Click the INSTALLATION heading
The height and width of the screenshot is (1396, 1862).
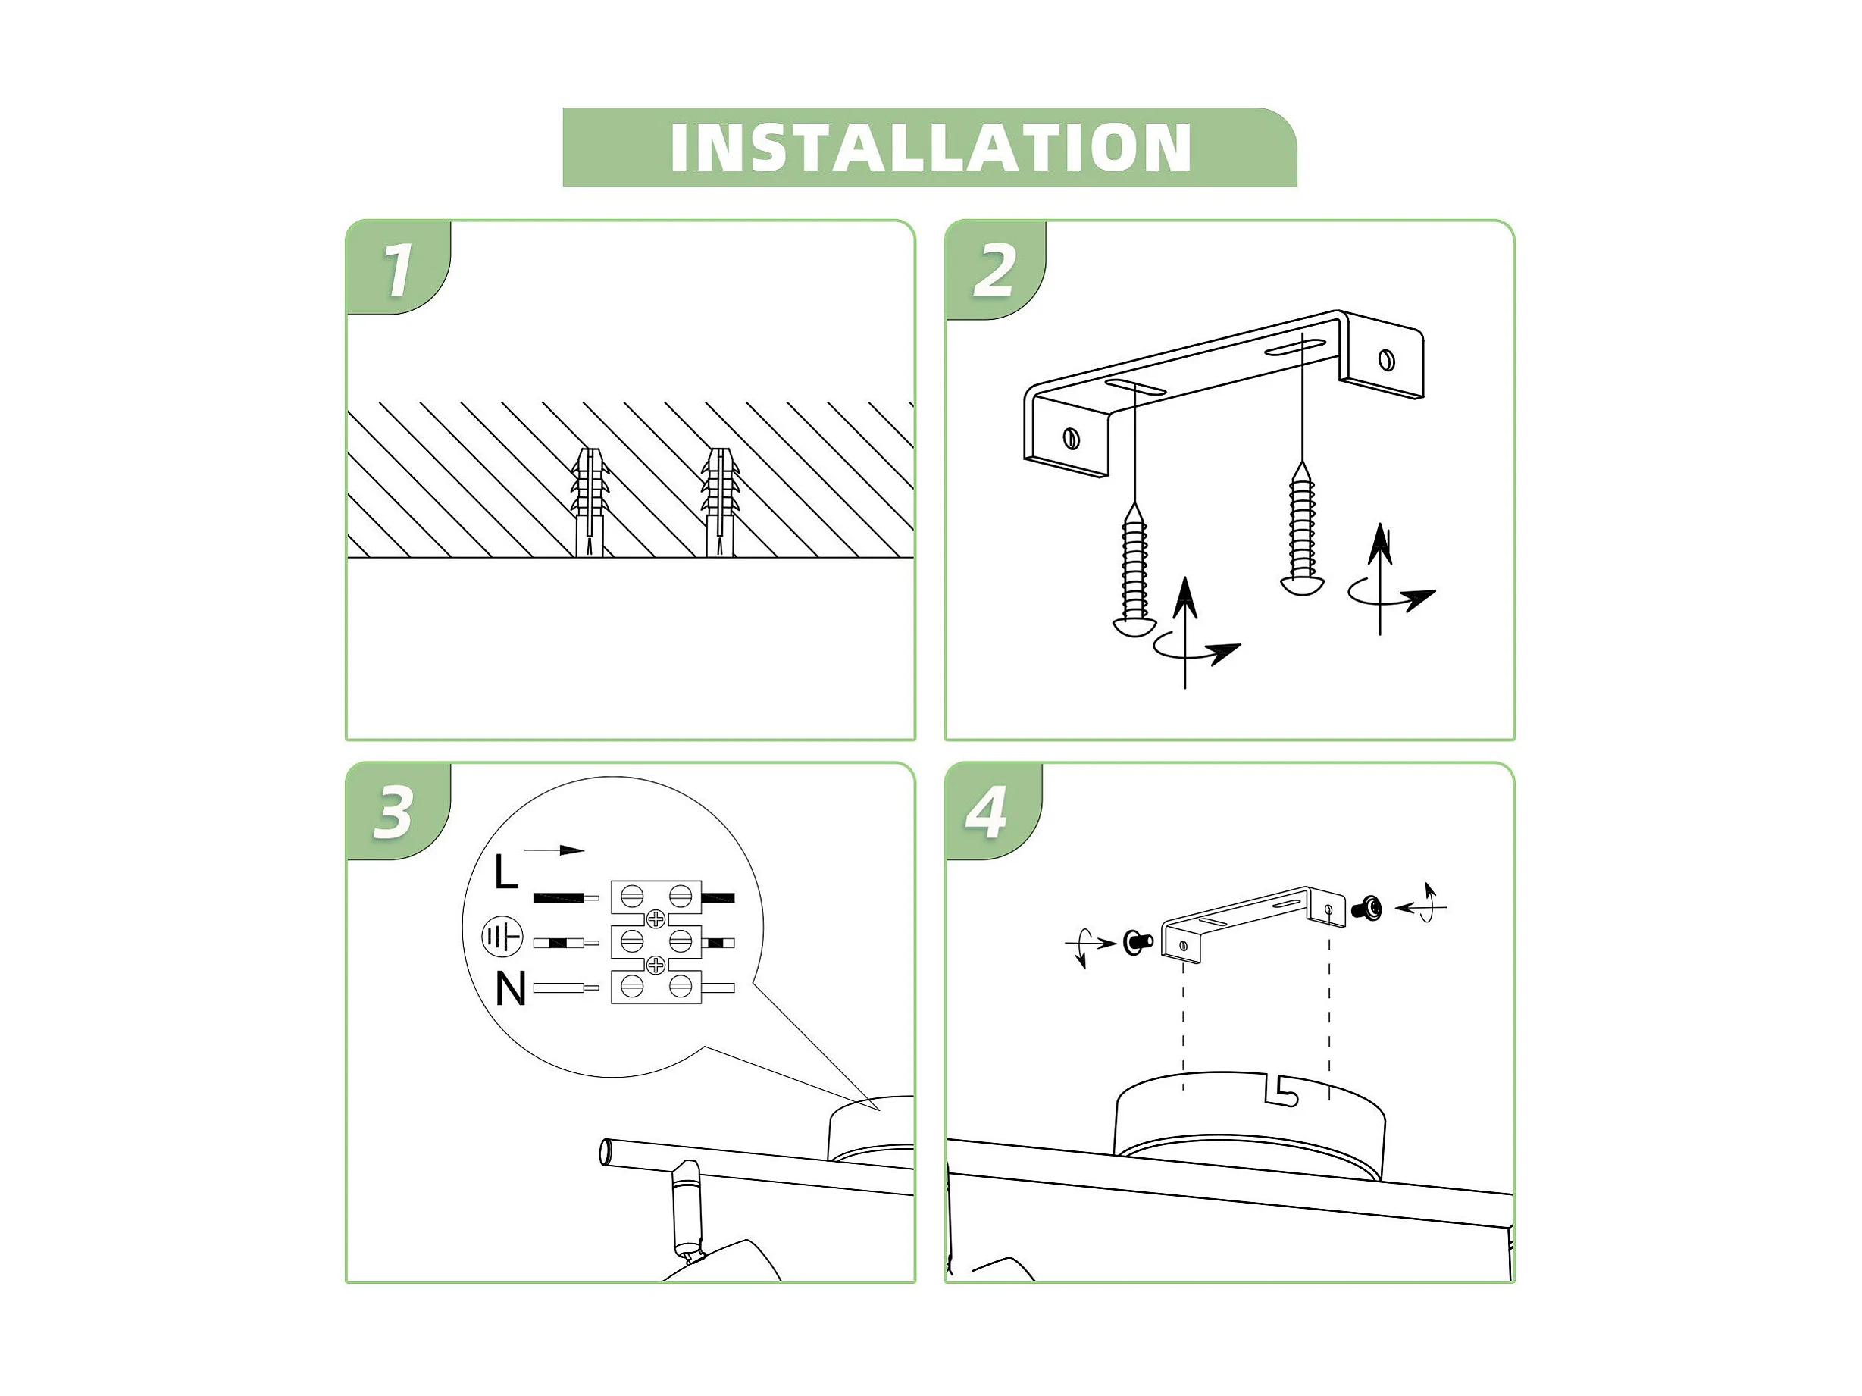coord(930,147)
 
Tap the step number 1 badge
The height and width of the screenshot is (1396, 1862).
coord(397,268)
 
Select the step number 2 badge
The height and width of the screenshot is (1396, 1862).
coord(995,270)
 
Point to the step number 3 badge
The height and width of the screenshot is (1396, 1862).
coord(396,812)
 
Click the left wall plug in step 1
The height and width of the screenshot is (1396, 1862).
coord(590,502)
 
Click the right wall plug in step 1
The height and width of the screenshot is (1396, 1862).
coord(721,502)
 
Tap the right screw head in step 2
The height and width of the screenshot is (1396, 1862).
coord(1302,584)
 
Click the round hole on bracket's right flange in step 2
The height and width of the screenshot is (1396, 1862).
coord(1386,360)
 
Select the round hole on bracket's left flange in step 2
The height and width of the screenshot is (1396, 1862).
coord(1072,438)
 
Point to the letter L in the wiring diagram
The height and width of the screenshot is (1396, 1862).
coord(506,872)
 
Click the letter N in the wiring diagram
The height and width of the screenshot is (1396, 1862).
coord(510,988)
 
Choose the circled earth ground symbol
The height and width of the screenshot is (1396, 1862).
coord(502,936)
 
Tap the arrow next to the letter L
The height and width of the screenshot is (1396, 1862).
coord(554,850)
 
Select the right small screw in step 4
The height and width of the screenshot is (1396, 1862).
coord(1366,908)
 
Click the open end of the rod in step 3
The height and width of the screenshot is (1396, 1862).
coord(606,1152)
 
